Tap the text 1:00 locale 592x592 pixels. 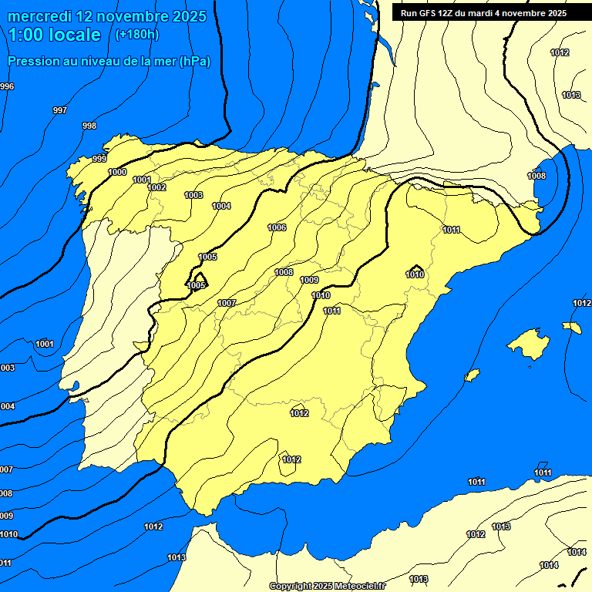coord(55,35)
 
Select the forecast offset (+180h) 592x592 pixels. coord(136,34)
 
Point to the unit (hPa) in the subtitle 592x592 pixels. coord(194,62)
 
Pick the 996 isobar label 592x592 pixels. coord(7,86)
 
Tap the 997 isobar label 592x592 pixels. coord(59,110)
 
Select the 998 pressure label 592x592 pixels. coord(89,126)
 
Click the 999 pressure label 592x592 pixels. coord(99,159)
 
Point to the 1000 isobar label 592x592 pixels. coord(117,172)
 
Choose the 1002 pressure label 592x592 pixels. coord(156,187)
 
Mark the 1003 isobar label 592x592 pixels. coord(193,195)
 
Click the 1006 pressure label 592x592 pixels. coord(277,227)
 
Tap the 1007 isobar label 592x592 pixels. coord(226,303)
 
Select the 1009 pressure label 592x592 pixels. coord(309,280)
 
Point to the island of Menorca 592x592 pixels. coord(572,327)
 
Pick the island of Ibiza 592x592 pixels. coord(472,375)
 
